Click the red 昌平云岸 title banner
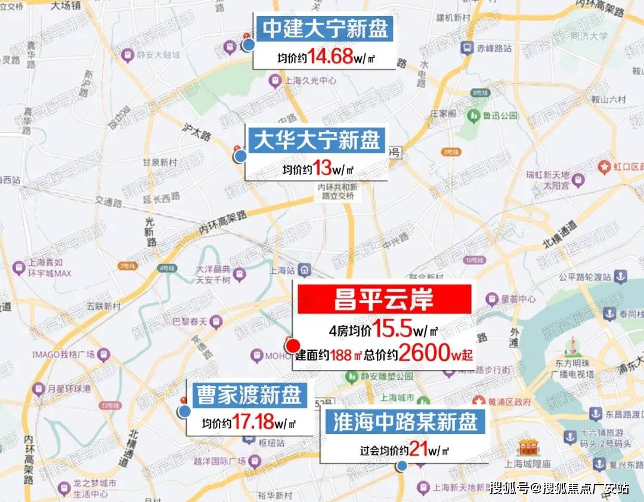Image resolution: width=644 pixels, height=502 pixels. [385, 299]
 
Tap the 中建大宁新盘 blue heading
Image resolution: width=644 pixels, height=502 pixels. [326, 29]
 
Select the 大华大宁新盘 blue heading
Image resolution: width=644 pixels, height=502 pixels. [317, 140]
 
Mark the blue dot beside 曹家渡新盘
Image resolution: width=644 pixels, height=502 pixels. [185, 411]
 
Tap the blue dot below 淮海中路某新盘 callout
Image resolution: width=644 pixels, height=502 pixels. [402, 466]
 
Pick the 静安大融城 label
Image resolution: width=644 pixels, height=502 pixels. [156, 57]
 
